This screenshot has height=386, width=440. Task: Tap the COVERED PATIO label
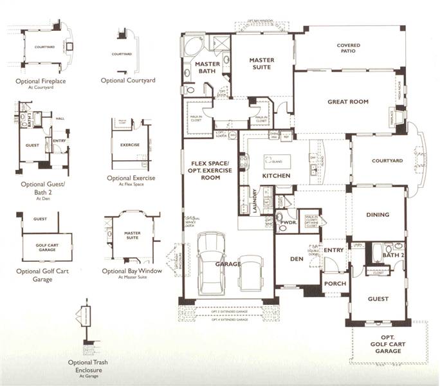pyautogui.click(x=348, y=50)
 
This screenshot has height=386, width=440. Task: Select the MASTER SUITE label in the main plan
pyautogui.click(x=262, y=64)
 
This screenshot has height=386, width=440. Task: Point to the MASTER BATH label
pyautogui.click(x=207, y=68)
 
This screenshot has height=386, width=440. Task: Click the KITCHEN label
pyautogui.click(x=276, y=176)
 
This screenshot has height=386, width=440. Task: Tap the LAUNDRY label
pyautogui.click(x=255, y=200)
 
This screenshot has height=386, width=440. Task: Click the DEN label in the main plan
pyautogui.click(x=297, y=259)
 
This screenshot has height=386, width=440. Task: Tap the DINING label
pyautogui.click(x=378, y=216)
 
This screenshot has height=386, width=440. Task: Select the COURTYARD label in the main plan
pyautogui.click(x=387, y=161)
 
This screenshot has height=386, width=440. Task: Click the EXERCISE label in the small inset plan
pyautogui.click(x=129, y=145)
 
